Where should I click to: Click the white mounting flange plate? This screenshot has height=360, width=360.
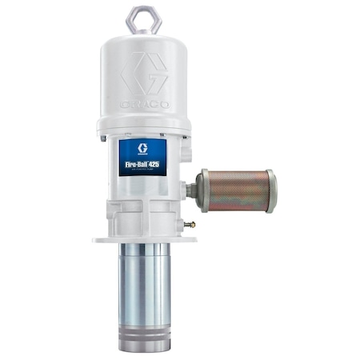(x=144, y=238)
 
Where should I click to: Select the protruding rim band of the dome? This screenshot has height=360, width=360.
(x=144, y=125)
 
